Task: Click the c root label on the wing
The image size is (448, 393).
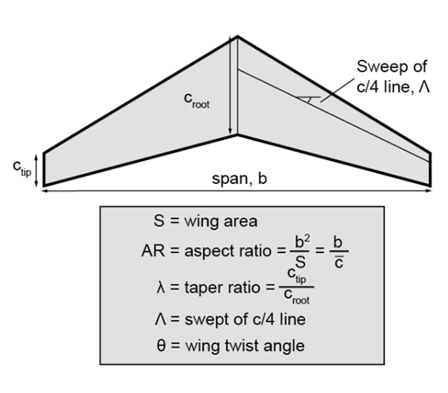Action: point(196,101)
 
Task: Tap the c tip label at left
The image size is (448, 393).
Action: point(22,168)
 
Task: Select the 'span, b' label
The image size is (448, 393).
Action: point(239,178)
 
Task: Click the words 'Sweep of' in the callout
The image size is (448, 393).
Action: point(392,66)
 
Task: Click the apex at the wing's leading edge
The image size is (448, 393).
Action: point(237,36)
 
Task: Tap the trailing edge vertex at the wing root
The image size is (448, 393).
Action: point(237,135)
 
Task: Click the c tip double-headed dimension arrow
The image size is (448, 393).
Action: point(36,170)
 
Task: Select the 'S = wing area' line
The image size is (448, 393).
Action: point(206,221)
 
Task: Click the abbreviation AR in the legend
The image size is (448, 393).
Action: point(153,251)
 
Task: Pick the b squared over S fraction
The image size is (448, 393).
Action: point(299,251)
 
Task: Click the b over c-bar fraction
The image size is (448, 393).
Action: point(339,252)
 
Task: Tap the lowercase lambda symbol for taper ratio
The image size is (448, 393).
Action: point(161,287)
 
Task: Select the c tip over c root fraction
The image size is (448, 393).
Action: point(296,286)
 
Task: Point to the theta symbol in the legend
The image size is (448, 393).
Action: point(161,345)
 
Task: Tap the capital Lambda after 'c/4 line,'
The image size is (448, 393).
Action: point(424,86)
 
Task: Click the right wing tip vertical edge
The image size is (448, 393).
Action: point(430,169)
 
